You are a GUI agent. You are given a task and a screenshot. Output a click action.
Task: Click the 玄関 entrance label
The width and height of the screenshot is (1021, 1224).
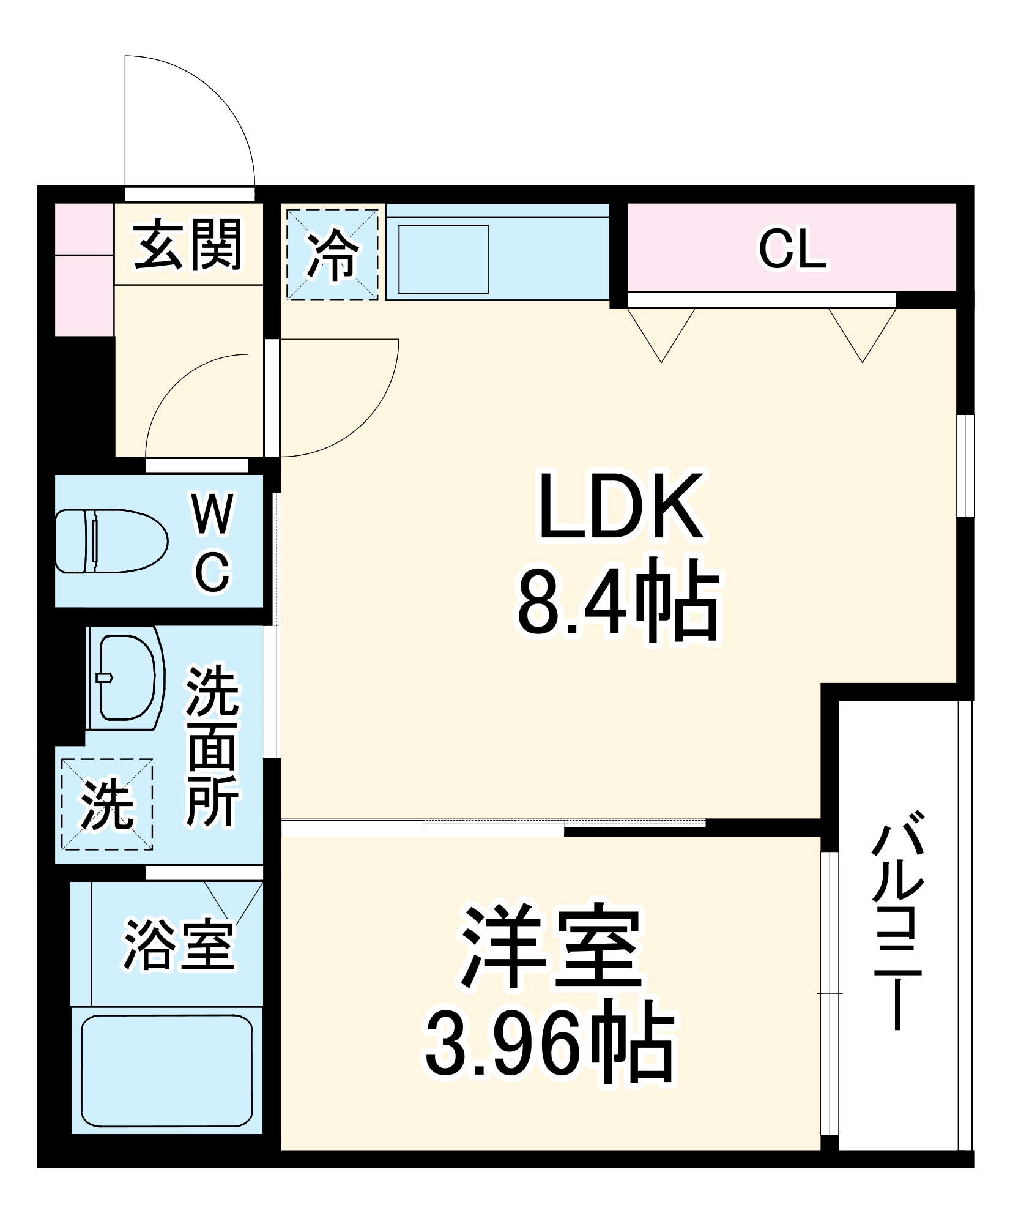188,245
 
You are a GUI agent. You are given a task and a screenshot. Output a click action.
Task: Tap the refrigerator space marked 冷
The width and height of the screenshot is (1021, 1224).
332,254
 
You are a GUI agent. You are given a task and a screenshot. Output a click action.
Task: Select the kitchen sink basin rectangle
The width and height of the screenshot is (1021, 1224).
444,259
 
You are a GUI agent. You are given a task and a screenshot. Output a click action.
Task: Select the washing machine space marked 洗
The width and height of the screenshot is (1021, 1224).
107,804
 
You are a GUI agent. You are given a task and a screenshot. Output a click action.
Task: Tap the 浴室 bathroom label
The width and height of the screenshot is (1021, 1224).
179,944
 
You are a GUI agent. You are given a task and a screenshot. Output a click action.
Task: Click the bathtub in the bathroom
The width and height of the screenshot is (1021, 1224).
166,1070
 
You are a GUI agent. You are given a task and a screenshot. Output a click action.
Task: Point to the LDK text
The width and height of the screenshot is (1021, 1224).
620,507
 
